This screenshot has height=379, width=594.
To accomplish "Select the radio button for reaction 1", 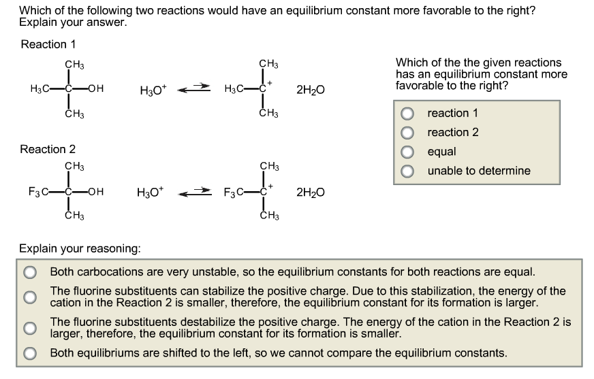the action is click(x=407, y=113).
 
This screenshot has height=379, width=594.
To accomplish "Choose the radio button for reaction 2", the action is click(x=407, y=132).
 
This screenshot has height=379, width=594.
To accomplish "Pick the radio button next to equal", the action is click(x=407, y=151).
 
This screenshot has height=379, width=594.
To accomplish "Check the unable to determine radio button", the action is click(x=407, y=171).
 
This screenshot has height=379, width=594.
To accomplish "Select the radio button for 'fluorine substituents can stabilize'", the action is click(x=30, y=297).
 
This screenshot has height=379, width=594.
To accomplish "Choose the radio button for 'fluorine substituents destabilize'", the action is click(x=30, y=328).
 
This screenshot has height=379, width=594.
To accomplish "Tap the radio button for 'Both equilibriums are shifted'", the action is click(x=30, y=353).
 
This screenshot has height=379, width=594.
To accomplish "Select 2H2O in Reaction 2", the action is click(x=310, y=193).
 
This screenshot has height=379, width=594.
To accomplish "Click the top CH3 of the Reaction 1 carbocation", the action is click(x=269, y=64).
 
